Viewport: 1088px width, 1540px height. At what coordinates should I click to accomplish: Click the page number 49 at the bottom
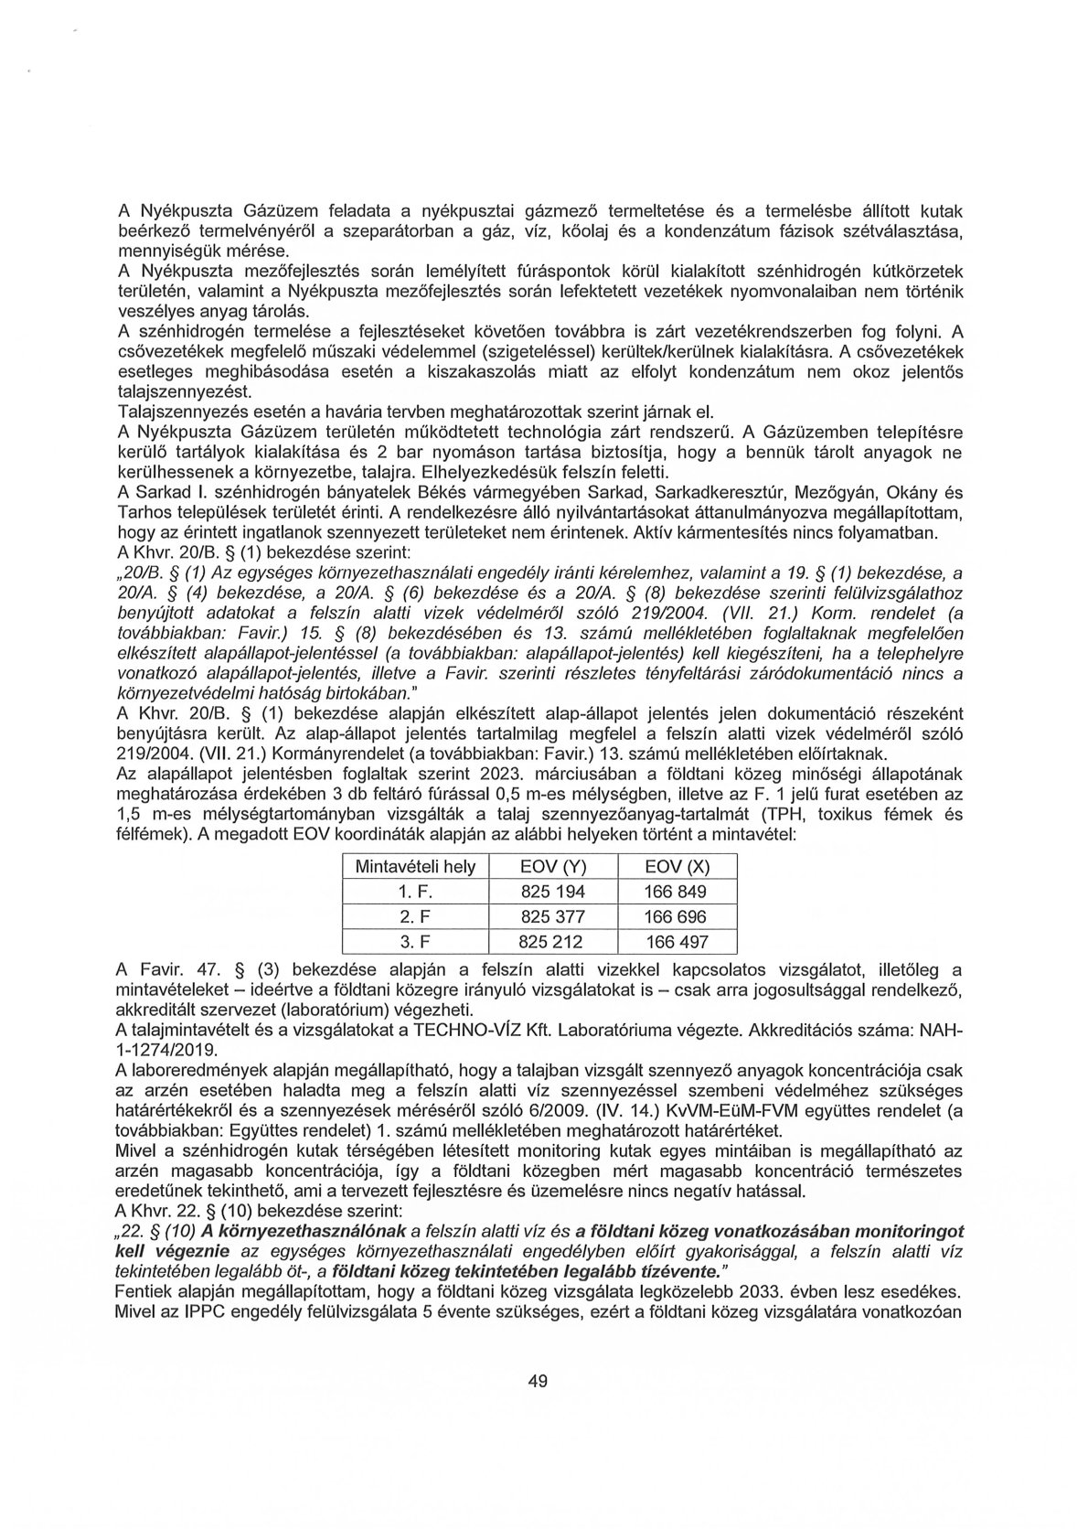click(x=538, y=1381)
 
